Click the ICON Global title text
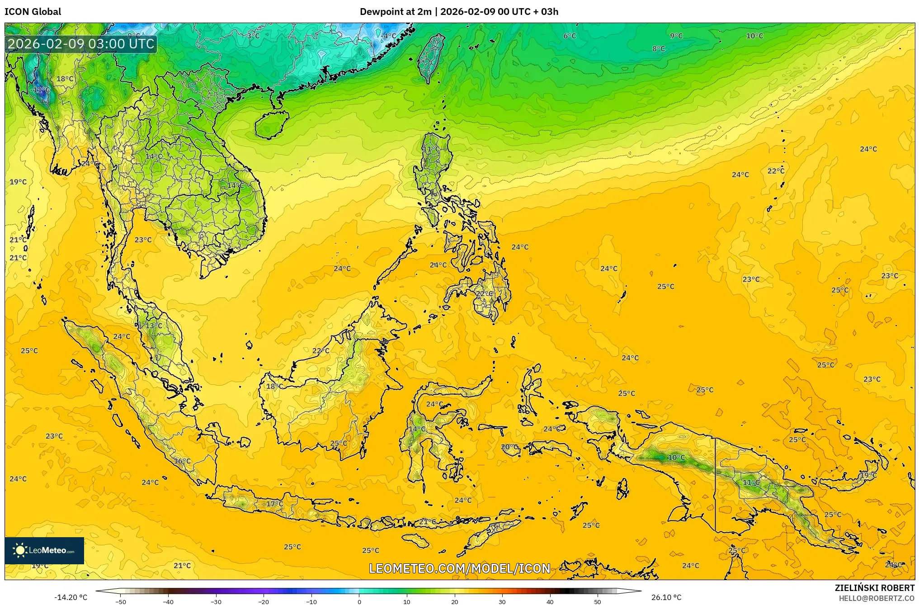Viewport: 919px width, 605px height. (x=33, y=12)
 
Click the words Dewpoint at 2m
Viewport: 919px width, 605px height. (x=396, y=12)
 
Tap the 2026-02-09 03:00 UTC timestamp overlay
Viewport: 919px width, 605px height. (x=81, y=44)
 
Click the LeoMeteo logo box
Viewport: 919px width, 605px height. (x=44, y=550)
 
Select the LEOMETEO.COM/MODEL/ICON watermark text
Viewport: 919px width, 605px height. (x=459, y=568)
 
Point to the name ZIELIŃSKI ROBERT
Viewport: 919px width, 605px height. (x=874, y=588)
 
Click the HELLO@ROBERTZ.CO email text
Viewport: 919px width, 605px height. (x=877, y=598)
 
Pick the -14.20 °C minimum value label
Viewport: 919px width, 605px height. (x=71, y=597)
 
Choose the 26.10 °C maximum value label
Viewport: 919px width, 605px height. (x=666, y=597)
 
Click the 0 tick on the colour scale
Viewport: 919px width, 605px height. (x=359, y=601)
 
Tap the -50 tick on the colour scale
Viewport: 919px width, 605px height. (x=121, y=601)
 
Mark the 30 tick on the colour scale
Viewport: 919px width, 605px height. (x=502, y=601)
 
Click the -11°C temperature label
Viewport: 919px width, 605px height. (x=41, y=90)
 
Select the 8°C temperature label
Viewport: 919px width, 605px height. (x=659, y=49)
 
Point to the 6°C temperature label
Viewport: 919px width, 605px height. (x=570, y=36)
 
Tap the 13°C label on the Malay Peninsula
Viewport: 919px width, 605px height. (x=154, y=326)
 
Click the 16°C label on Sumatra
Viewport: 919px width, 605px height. (x=183, y=461)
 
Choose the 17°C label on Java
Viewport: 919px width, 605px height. (x=274, y=504)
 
